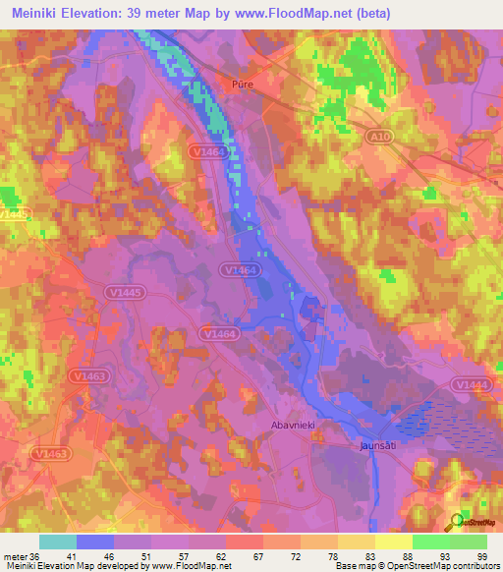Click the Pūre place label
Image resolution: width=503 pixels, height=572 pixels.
pyautogui.click(x=243, y=86)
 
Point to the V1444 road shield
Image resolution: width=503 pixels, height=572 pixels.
pyautogui.click(x=472, y=383)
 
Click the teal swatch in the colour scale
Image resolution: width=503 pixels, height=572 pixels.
pyautogui.click(x=58, y=541)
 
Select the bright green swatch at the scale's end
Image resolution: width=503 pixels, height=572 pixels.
pyautogui.click(x=468, y=541)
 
